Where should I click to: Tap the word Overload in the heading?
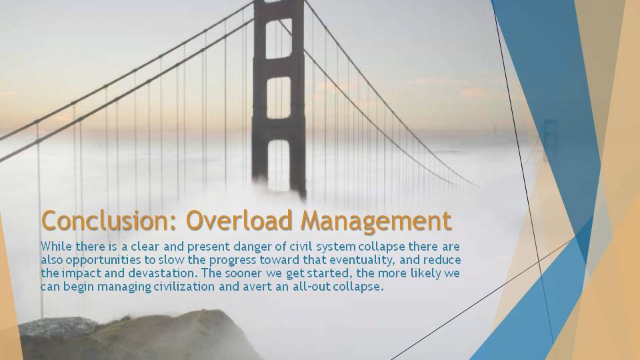[239, 221]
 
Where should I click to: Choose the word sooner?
[243, 273]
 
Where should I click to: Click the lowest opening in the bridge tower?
[279, 165]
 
